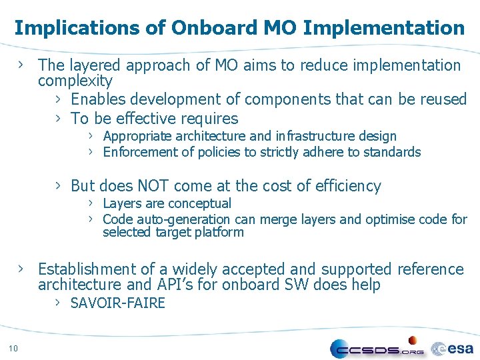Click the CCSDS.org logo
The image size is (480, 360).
[x=377, y=348]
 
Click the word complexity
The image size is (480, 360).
[x=75, y=81]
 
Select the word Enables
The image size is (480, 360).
[x=98, y=99]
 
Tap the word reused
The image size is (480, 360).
[x=443, y=99]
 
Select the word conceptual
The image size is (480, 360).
[x=199, y=203]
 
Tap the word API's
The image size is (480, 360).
[x=177, y=285]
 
